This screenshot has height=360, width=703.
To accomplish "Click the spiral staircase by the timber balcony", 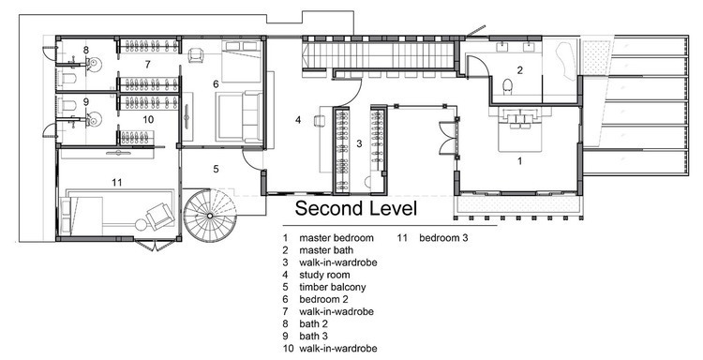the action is [x=210, y=216].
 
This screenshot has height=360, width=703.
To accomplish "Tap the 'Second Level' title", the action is [x=356, y=208].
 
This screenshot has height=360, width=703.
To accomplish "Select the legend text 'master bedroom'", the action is [x=337, y=237].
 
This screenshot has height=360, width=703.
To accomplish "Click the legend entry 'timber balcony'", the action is [x=332, y=287].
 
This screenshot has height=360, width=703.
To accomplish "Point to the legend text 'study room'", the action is [x=324, y=275].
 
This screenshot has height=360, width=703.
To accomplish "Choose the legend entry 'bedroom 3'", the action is [x=443, y=237].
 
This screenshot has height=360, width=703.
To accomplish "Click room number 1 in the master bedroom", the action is [x=520, y=160].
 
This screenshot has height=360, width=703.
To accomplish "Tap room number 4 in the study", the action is [x=298, y=120].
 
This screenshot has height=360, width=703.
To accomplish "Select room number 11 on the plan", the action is [x=117, y=182].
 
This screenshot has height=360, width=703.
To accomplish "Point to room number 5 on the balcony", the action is [x=216, y=169].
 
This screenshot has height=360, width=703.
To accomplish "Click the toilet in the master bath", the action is [x=507, y=85].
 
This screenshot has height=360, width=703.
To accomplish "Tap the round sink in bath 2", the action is [x=95, y=65].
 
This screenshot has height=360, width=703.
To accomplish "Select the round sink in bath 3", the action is [x=95, y=119].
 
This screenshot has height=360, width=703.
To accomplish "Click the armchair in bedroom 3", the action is [x=160, y=216].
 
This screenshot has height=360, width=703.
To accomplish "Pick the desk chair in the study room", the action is [x=319, y=121].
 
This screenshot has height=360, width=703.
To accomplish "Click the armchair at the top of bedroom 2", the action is [x=196, y=55].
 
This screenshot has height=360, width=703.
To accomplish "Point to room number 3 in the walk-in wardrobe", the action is [x=359, y=143].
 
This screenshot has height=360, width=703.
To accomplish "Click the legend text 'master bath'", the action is [x=326, y=250].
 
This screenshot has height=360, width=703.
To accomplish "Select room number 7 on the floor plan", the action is [x=147, y=64].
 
